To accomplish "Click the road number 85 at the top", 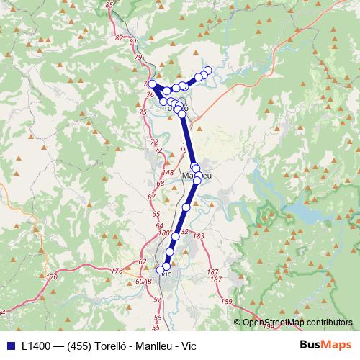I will click(x=109, y=5).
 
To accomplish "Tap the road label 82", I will click(x=120, y=37).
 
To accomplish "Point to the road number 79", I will click(x=138, y=57).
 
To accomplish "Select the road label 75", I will click(x=143, y=112).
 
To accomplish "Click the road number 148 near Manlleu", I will click(x=168, y=174).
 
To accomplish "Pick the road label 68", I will click(x=160, y=184).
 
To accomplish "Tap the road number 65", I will click(x=156, y=215).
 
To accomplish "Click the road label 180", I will click(x=163, y=233).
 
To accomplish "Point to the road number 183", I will click(x=199, y=236).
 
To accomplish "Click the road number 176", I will click(x=117, y=271).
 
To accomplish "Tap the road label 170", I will click(x=51, y=276).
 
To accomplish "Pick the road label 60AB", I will click(x=143, y=282).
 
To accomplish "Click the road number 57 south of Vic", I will click(x=157, y=306).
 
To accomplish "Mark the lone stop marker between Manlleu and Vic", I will click(x=186, y=207).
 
